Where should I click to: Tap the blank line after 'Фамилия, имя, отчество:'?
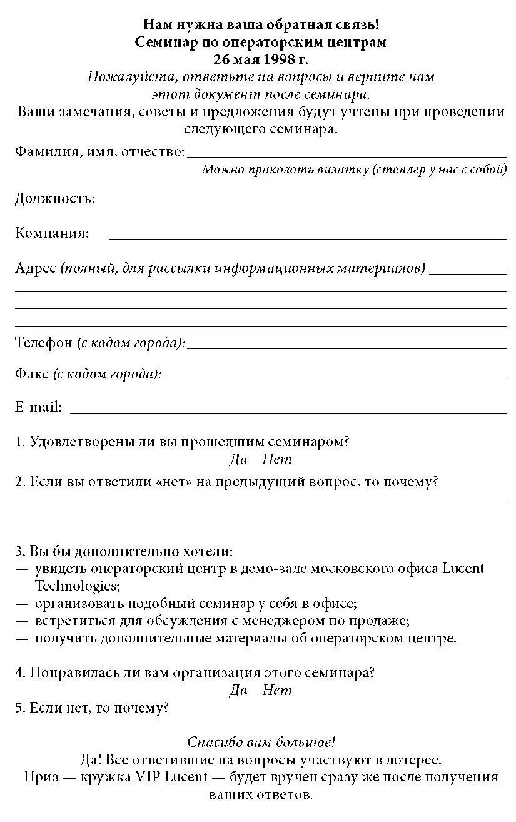click(x=347, y=155)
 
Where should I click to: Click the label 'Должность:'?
click(x=55, y=199)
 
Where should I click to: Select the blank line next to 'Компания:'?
click(x=308, y=238)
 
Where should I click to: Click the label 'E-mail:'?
click(x=38, y=407)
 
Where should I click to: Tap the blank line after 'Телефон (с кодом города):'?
click(x=347, y=347)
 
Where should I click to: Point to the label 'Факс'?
click(x=31, y=374)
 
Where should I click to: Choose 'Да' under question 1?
click(x=238, y=459)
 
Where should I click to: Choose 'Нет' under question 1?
click(x=277, y=459)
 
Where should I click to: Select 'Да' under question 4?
click(x=238, y=691)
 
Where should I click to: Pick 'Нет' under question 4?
click(x=277, y=691)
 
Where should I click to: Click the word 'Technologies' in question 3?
click(x=76, y=586)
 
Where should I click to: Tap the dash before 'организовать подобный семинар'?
click(x=22, y=604)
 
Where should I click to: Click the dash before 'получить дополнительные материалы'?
click(x=22, y=639)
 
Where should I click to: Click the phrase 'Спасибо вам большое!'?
click(x=261, y=743)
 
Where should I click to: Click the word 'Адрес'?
click(x=36, y=268)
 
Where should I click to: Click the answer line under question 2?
click(x=261, y=504)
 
